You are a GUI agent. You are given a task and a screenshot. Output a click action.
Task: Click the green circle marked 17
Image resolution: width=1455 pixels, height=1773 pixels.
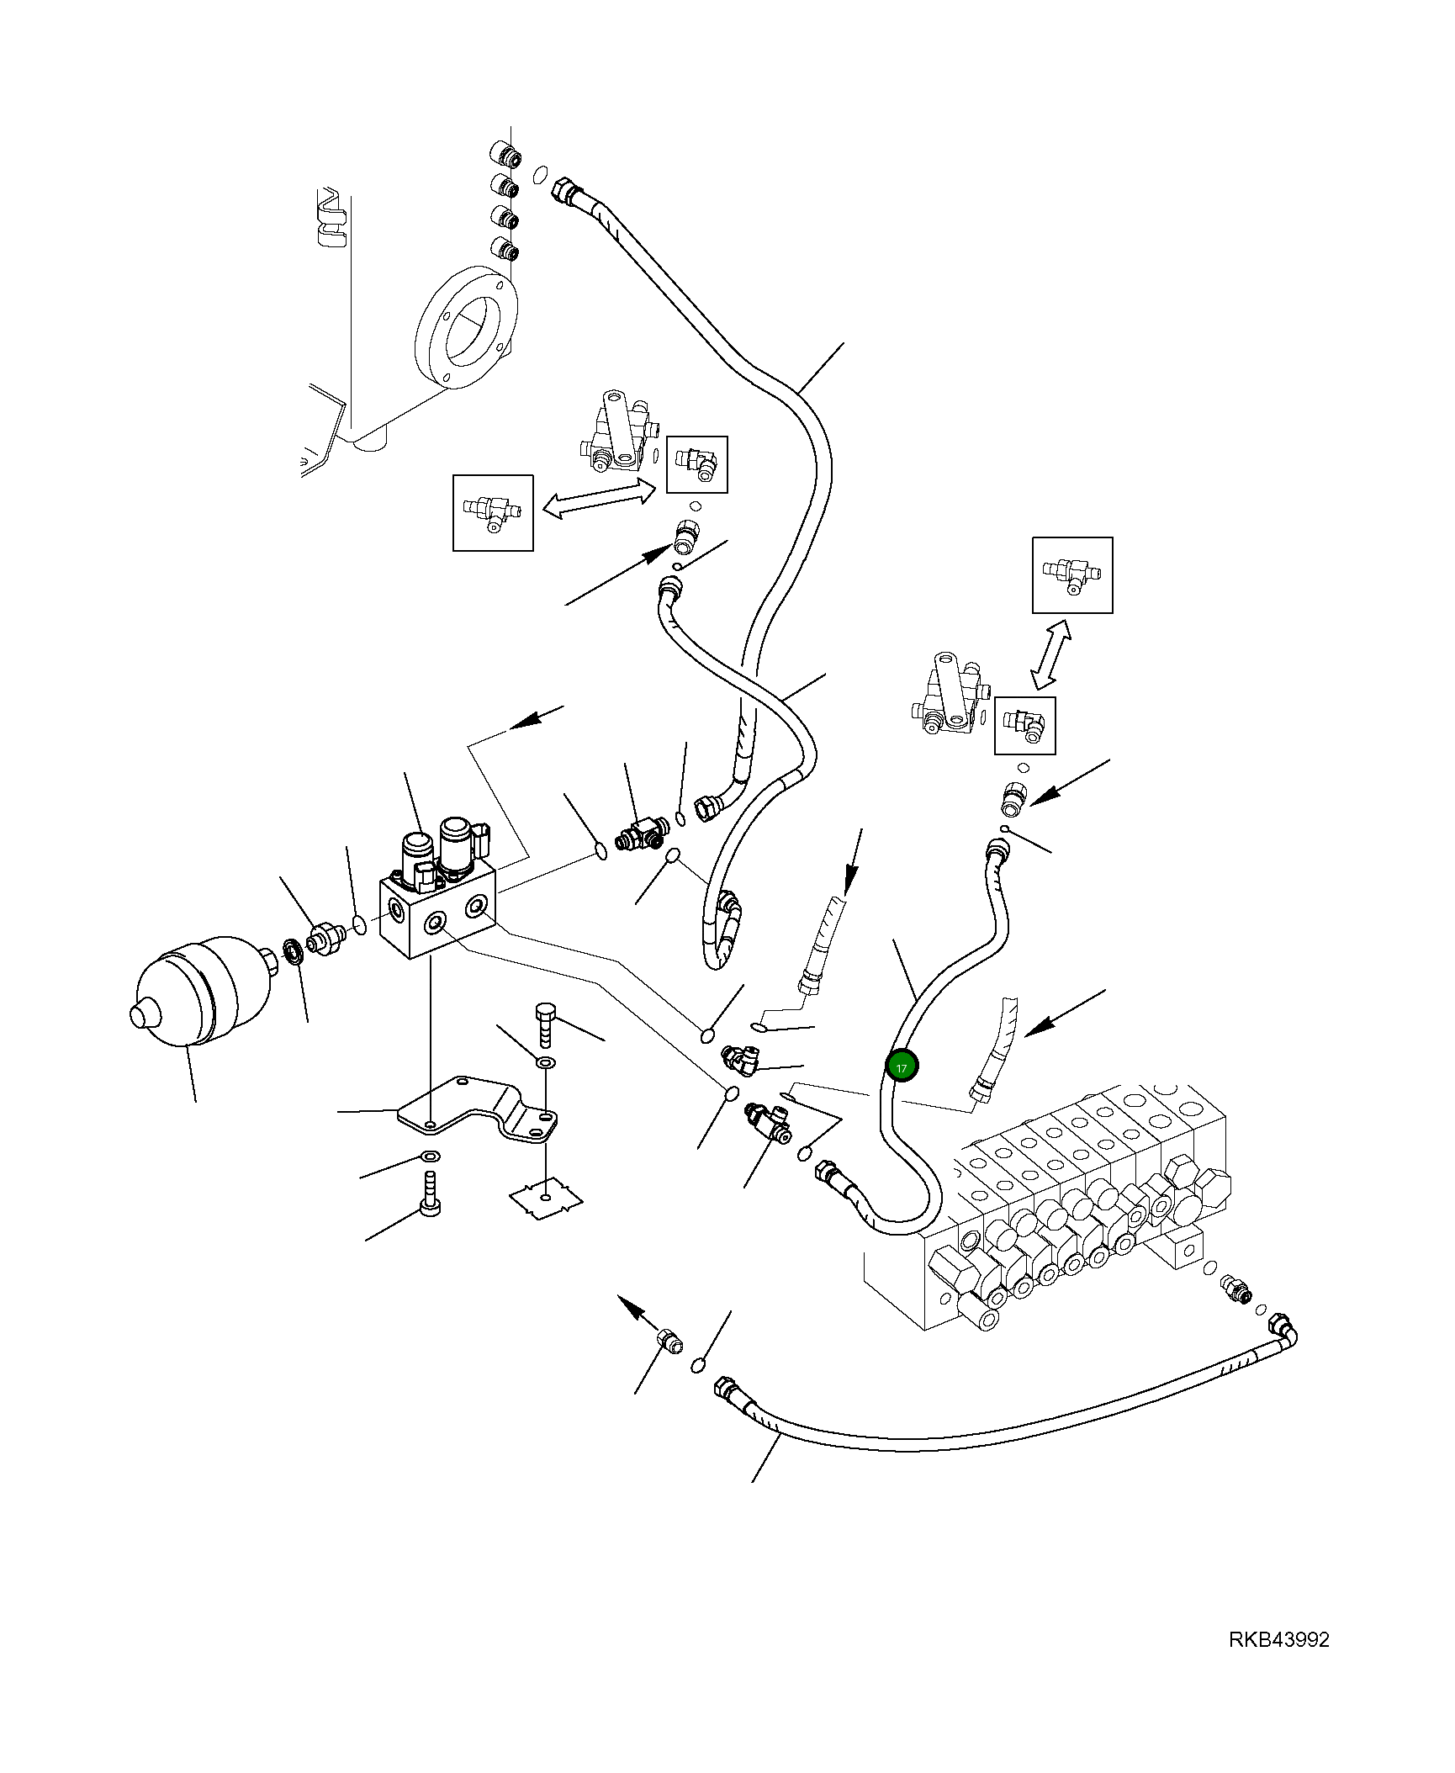[902, 1066]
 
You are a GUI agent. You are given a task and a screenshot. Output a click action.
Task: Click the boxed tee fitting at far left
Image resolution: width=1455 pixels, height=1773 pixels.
[493, 512]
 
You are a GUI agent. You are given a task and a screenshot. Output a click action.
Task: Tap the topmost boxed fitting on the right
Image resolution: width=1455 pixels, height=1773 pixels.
[1072, 575]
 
